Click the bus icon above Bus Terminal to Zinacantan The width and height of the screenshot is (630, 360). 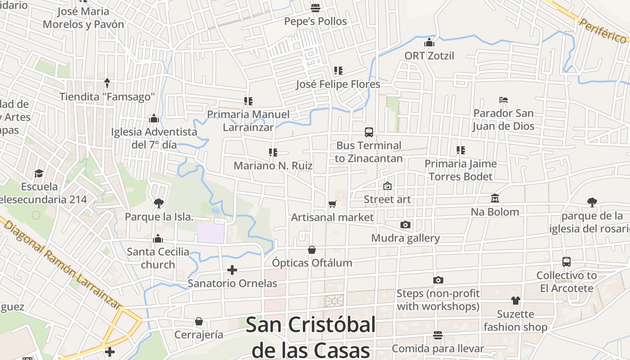click(x=369, y=132)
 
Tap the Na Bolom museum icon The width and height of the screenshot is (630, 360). click(x=495, y=198)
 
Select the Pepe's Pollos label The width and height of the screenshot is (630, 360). click(x=315, y=21)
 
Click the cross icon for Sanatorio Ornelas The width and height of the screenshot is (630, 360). click(x=232, y=270)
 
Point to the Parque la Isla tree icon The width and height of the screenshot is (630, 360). click(x=158, y=203)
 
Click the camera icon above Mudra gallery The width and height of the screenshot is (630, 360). click(x=405, y=225)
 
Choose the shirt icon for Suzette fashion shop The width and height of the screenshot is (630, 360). click(x=515, y=301)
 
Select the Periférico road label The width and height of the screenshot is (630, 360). click(x=603, y=30)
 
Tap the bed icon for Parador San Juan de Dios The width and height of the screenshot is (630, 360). click(x=504, y=100)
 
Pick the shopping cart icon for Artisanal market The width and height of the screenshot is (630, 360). click(x=333, y=204)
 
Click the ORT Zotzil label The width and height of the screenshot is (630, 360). click(x=429, y=56)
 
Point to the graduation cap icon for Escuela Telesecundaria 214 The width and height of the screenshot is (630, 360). click(x=39, y=174)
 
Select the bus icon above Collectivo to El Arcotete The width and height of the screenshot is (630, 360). click(x=567, y=262)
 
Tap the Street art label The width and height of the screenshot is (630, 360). click(x=387, y=199)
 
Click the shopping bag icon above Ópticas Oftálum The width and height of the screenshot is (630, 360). click(x=312, y=249)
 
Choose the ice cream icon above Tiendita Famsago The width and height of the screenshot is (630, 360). click(x=107, y=83)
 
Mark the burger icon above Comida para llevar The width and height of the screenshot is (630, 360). click(x=438, y=335)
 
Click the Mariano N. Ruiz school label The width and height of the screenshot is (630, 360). click(x=273, y=166)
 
